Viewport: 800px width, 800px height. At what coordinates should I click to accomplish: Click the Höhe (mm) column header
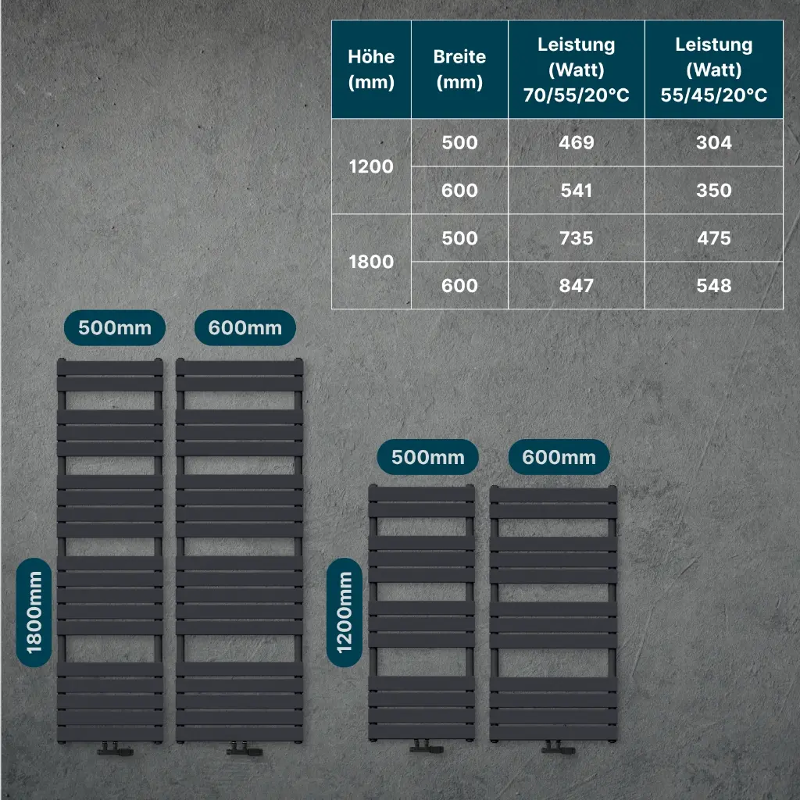click(371, 70)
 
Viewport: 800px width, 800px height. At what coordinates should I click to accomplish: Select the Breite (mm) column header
click(459, 70)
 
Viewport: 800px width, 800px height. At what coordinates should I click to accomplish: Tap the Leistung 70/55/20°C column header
click(577, 70)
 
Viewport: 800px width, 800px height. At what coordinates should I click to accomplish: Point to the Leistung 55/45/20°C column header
click(713, 70)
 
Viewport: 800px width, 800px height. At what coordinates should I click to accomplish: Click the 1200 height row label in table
click(371, 166)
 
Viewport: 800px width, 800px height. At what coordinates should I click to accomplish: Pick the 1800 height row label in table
click(371, 262)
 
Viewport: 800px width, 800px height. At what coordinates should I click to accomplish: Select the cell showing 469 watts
click(577, 143)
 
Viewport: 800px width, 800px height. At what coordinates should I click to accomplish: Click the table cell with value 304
click(713, 143)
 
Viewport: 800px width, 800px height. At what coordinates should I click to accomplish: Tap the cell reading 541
click(577, 191)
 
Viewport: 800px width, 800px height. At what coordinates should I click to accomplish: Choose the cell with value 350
click(713, 191)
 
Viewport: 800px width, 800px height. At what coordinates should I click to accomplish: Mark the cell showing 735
click(577, 238)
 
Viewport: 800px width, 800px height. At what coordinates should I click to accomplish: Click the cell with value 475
click(713, 238)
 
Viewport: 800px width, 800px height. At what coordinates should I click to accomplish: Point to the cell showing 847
click(577, 286)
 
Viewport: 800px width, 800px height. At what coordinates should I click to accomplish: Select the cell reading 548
click(713, 286)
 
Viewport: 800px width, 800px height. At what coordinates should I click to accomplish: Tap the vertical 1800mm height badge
click(34, 612)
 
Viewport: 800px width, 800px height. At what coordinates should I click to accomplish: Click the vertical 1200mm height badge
click(345, 612)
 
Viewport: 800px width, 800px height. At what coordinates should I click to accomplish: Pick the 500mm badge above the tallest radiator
click(115, 328)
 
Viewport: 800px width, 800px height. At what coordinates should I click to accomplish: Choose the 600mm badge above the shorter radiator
click(559, 457)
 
